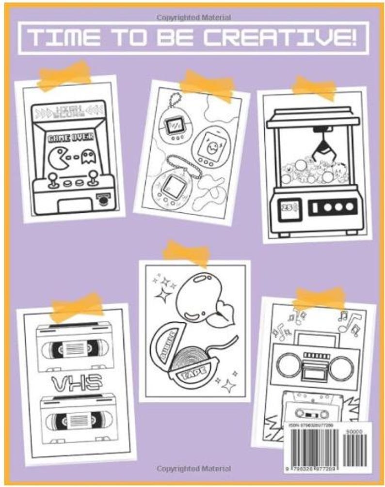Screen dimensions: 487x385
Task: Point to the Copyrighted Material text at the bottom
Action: (193, 469)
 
